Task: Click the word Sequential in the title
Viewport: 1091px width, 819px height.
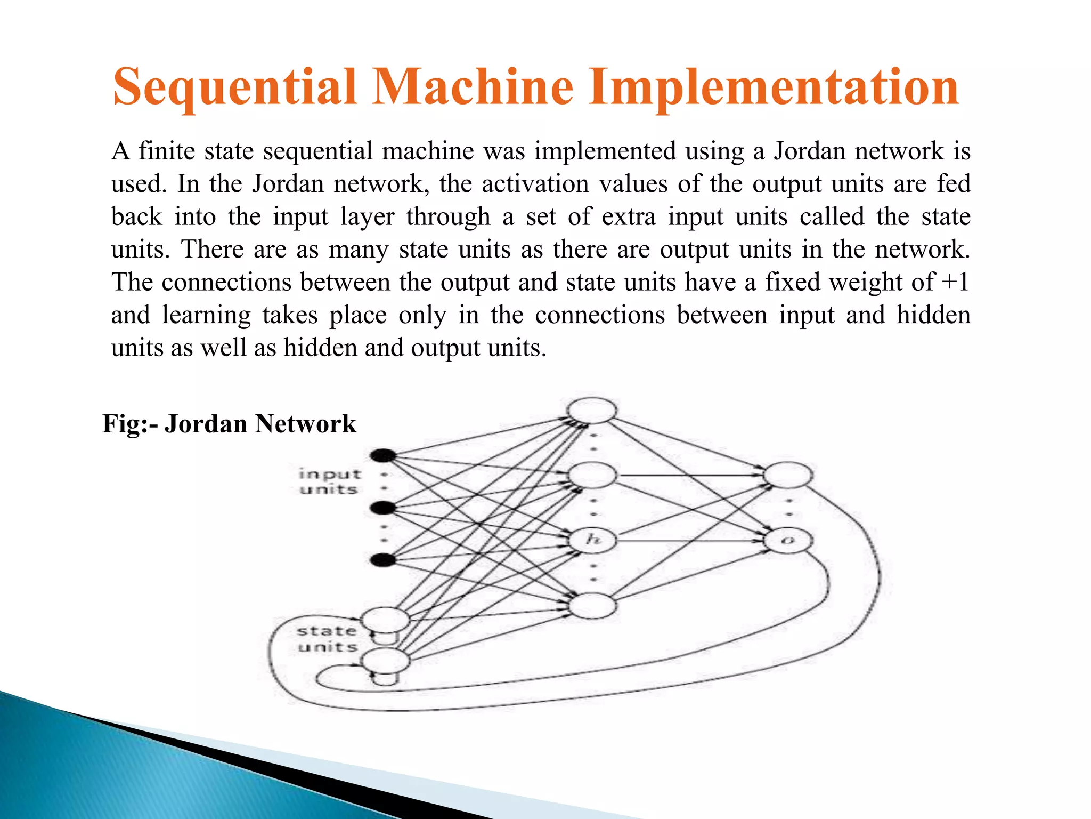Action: [235, 86]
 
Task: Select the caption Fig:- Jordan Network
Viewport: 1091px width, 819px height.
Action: [229, 424]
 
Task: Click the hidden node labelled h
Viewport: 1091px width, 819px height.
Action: [592, 540]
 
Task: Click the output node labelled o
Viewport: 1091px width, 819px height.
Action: [788, 541]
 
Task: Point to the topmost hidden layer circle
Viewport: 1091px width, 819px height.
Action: [592, 410]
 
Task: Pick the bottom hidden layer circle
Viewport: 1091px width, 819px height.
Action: [592, 606]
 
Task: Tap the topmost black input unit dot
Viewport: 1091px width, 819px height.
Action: [383, 455]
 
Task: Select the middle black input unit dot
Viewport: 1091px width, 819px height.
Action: [383, 508]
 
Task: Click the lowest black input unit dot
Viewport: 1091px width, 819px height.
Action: [383, 560]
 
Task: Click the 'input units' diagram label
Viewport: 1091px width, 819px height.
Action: [329, 481]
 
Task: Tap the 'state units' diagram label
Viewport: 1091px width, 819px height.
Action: [327, 639]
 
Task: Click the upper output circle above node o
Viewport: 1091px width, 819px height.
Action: [788, 475]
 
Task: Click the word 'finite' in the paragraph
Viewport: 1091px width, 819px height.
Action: [166, 151]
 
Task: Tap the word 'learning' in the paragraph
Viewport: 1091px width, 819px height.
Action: [206, 315]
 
